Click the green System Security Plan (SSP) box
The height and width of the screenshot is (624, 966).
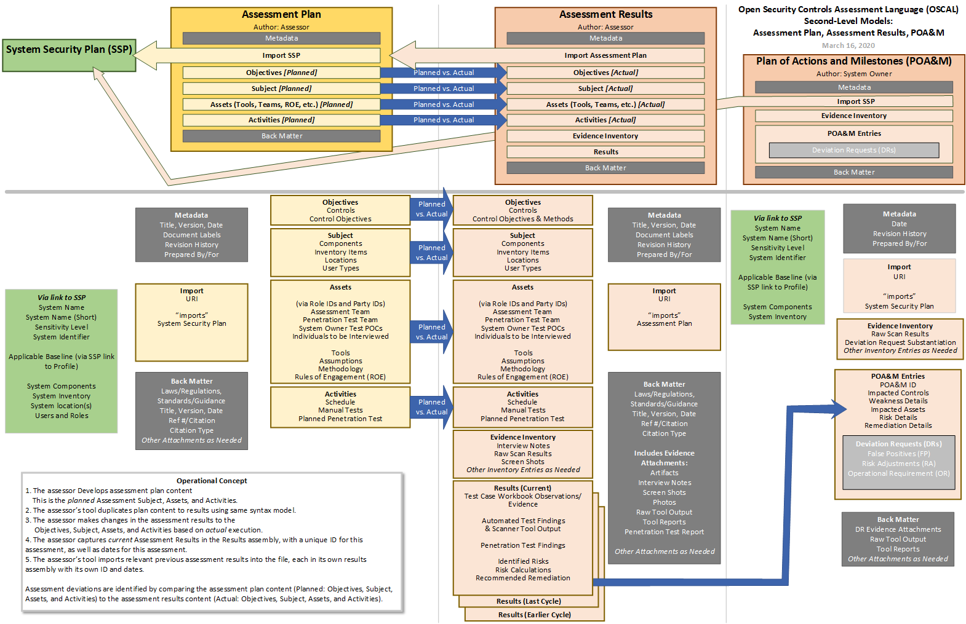(x=69, y=49)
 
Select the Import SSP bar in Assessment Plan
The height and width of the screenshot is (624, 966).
(x=281, y=55)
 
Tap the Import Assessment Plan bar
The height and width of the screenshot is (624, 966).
(x=605, y=55)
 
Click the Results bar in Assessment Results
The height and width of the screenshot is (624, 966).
(x=605, y=152)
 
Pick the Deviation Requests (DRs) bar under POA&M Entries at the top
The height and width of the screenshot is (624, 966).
(x=853, y=150)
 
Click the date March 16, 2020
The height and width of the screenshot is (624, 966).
(x=848, y=45)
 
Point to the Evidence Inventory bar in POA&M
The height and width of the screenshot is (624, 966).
(x=853, y=116)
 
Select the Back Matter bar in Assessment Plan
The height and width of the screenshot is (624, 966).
(x=281, y=136)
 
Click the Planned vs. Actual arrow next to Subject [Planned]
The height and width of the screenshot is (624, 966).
(x=443, y=89)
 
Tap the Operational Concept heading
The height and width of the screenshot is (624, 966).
(x=212, y=481)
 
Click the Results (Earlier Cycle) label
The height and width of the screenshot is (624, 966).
(x=534, y=615)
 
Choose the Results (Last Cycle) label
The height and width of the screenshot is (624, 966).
(x=529, y=601)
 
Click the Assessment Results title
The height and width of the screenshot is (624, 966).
(x=605, y=14)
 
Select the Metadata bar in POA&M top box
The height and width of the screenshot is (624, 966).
(x=853, y=87)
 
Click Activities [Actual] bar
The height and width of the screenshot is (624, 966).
(x=605, y=120)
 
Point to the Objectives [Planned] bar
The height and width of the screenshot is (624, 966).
(x=281, y=73)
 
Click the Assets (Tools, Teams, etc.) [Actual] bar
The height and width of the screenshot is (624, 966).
(x=605, y=105)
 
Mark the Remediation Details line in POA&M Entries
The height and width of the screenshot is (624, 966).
(x=898, y=425)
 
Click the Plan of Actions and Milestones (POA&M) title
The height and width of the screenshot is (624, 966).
(x=853, y=61)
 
